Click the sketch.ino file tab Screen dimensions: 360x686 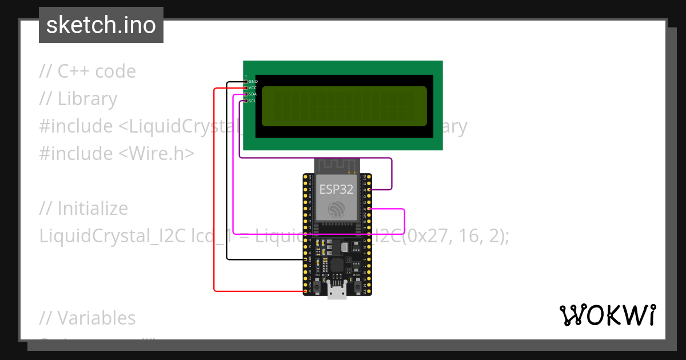[101, 25]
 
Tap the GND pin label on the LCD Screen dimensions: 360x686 [253, 82]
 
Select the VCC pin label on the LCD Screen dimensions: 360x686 [253, 88]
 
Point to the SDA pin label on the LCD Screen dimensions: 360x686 [253, 94]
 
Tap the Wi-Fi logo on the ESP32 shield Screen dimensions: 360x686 [337, 209]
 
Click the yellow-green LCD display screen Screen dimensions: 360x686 [344, 106]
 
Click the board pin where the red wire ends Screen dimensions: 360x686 [304, 291]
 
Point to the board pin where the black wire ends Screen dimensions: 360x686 [304, 259]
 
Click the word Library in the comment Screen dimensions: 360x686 [87, 99]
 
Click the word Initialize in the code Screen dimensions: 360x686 [93, 209]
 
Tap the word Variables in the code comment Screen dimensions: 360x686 [97, 318]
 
